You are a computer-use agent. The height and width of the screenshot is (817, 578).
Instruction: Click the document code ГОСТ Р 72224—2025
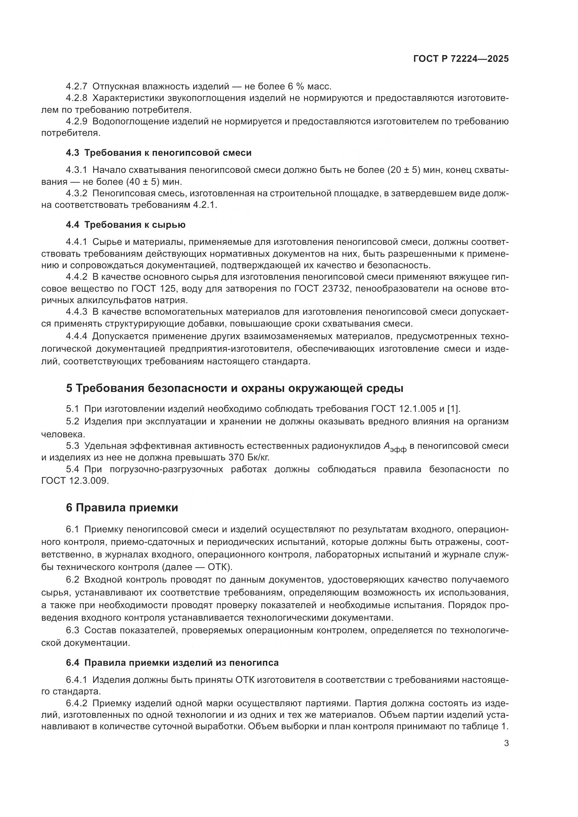click(x=461, y=59)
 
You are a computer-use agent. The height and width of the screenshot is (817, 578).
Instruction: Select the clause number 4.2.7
click(x=77, y=87)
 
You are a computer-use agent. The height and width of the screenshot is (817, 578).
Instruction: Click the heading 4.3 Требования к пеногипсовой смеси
click(x=159, y=153)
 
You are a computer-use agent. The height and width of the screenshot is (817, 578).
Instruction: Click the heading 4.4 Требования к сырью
click(x=126, y=225)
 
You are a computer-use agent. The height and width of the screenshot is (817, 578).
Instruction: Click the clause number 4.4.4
click(x=77, y=336)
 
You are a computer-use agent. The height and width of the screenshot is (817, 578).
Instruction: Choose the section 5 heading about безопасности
click(x=234, y=388)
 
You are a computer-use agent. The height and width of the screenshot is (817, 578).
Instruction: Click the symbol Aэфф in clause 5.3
click(x=394, y=447)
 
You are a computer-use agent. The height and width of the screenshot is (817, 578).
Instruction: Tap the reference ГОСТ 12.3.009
click(x=74, y=481)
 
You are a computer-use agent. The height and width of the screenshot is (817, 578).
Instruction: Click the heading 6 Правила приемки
click(x=122, y=508)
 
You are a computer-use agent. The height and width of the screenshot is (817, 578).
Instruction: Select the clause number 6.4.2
click(x=77, y=703)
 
